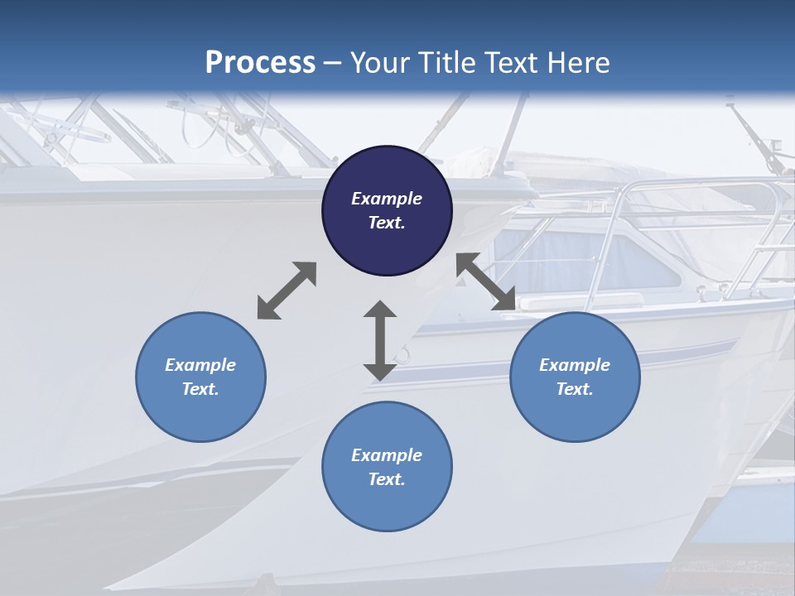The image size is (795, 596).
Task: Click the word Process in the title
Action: click(260, 63)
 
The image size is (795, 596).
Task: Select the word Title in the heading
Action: click(450, 63)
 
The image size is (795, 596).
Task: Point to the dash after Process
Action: click(333, 64)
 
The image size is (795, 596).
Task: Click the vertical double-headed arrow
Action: click(380, 341)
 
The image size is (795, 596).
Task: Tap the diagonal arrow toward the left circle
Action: click(287, 291)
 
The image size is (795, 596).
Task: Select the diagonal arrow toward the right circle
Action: click(485, 281)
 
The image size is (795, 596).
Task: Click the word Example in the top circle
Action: click(387, 199)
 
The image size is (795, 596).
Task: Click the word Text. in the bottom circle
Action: click(387, 479)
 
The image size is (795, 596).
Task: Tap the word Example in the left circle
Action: click(200, 365)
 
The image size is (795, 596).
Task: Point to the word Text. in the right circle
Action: click(575, 389)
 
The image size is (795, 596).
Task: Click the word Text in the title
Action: click(515, 63)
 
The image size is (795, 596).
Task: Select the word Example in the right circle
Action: click(575, 365)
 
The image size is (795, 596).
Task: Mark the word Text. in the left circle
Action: click(200, 389)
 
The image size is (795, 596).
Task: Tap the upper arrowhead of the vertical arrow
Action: click(380, 311)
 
